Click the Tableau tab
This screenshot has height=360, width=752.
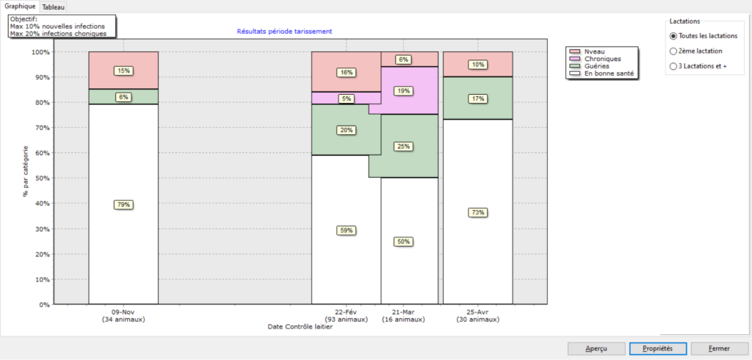[53, 7]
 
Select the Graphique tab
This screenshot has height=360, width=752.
[21, 6]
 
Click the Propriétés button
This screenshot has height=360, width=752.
[657, 348]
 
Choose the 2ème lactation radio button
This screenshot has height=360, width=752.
[673, 51]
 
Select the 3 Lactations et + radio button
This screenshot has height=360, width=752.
[673, 67]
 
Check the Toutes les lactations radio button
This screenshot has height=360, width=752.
[673, 35]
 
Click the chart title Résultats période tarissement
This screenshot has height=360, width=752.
[285, 32]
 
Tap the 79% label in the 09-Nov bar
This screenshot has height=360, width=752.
[123, 205]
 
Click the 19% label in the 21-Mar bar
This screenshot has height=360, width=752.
[402, 91]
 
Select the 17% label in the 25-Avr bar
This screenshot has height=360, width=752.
[478, 98]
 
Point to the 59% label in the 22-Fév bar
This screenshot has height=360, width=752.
[346, 231]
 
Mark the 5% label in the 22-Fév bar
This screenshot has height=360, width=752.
[346, 98]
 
